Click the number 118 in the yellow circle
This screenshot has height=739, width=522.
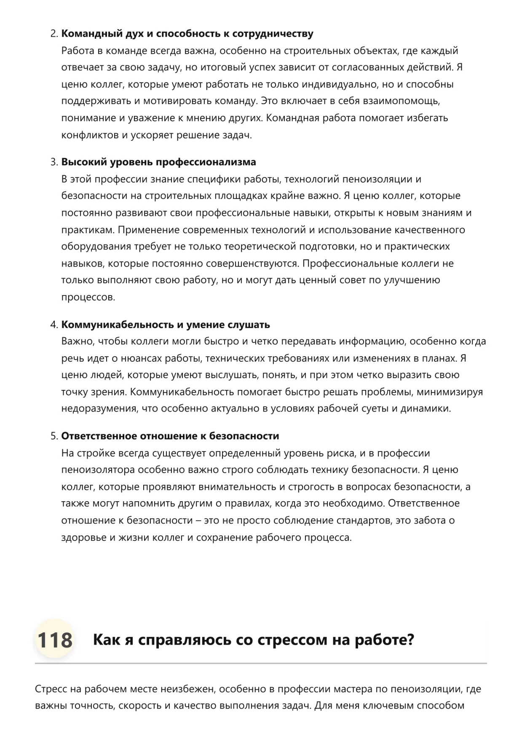(55, 640)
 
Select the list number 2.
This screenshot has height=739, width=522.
(54, 34)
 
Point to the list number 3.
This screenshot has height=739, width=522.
(54, 162)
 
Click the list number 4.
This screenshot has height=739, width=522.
(54, 325)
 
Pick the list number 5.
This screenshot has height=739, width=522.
(54, 436)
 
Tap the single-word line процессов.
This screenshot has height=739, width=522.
(88, 297)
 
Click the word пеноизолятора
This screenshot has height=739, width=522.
(98, 470)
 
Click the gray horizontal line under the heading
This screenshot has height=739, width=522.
(261, 664)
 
